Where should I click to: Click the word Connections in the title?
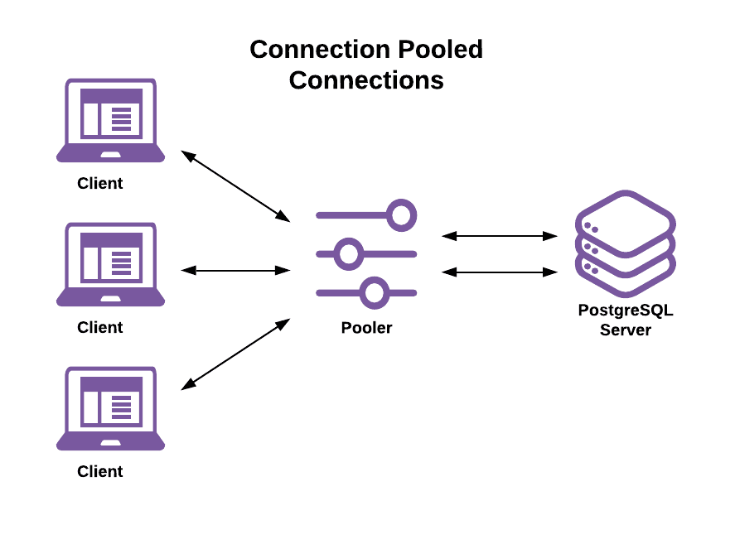coord(366,80)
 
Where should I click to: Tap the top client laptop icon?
coord(110,121)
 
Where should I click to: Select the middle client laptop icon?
coord(110,264)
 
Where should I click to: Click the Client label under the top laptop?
coord(100,184)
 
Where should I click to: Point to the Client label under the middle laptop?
coord(100,328)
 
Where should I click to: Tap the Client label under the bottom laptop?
coord(100,472)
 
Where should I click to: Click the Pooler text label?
coord(366,328)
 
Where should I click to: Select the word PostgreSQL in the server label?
coord(626,311)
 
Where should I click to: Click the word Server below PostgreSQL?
coord(626,330)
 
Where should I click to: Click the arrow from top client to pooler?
coord(235,186)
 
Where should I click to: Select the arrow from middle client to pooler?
coord(235,270)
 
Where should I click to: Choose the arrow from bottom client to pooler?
coord(235,354)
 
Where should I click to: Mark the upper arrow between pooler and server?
coord(500,236)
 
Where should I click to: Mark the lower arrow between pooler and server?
coord(500,271)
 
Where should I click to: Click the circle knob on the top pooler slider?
coord(402,215)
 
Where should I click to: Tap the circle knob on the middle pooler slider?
coord(349,253)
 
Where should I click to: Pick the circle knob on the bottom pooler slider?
coord(375,291)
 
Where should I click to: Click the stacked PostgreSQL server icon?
coord(626,243)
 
